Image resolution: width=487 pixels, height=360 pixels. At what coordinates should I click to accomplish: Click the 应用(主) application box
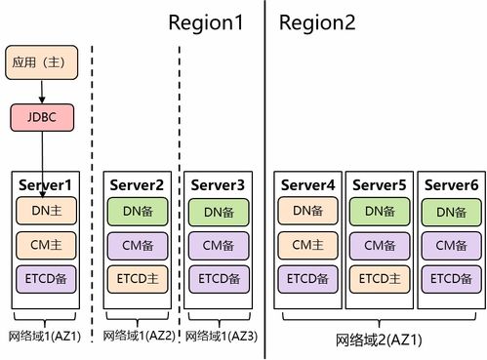click(x=40, y=62)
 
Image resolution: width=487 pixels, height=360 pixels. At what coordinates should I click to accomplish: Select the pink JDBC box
click(x=40, y=118)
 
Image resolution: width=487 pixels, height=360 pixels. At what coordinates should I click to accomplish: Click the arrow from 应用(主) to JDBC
click(x=40, y=91)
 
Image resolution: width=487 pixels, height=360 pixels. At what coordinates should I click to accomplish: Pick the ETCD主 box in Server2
click(x=136, y=279)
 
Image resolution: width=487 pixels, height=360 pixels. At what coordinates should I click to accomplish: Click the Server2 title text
click(x=136, y=184)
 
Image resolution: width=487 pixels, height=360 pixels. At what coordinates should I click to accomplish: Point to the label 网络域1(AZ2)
click(x=136, y=336)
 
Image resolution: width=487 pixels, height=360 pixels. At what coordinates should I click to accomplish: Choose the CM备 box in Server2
click(x=136, y=245)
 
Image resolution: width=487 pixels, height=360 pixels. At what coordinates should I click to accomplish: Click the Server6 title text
click(x=451, y=184)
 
